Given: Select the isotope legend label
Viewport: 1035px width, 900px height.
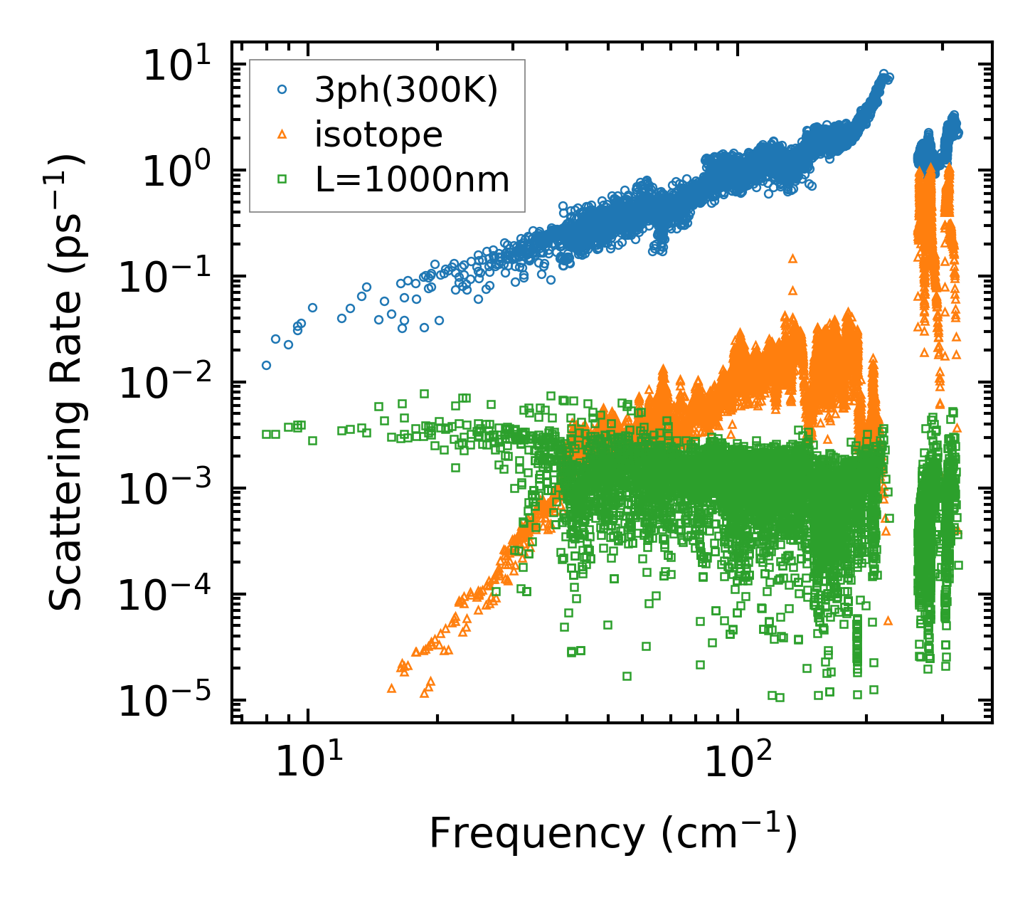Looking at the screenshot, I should click(x=378, y=134).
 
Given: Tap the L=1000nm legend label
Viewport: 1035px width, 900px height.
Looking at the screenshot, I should click(x=413, y=179).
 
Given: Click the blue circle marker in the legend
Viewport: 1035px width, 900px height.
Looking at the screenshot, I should click(x=282, y=90).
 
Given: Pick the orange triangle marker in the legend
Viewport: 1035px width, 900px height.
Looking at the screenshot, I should click(x=282, y=134).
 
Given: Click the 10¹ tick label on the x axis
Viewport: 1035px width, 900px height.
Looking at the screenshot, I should click(x=307, y=763).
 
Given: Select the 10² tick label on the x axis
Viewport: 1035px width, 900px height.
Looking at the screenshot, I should click(x=737, y=763).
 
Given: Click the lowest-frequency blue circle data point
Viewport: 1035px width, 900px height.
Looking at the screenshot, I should click(x=266, y=365).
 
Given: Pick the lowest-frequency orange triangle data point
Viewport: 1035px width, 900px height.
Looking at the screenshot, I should click(x=391, y=688).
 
